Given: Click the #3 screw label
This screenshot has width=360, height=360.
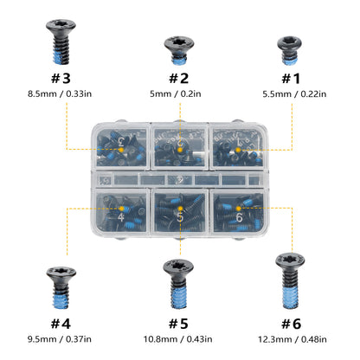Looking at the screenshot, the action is tap(61, 78).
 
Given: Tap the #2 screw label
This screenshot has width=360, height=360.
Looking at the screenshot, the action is tap(178, 78).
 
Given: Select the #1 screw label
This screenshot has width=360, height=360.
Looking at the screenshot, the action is tap(291, 78).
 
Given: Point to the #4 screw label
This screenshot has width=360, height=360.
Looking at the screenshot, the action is tap(61, 324).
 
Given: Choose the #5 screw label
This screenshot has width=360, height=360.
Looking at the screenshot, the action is tap(178, 324).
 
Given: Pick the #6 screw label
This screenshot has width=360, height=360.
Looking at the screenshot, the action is tap(292, 324).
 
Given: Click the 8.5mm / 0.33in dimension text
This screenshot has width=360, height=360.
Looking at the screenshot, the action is tap(60, 93).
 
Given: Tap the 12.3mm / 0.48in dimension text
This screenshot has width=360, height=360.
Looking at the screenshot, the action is tap(292, 339).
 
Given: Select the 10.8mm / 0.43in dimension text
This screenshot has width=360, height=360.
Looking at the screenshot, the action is tap(178, 339).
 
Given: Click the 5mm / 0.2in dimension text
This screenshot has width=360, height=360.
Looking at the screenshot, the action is tap(176, 93).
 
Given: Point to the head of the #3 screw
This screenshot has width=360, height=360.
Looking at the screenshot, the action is tap(61, 26).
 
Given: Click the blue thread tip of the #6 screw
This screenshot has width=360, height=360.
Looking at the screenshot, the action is tap(290, 297).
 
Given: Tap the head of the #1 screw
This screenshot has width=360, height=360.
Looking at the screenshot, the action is tap(290, 43).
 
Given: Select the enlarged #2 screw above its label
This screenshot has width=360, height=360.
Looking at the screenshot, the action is tap(179, 50).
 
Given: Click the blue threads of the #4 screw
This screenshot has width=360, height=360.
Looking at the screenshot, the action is tap(61, 299).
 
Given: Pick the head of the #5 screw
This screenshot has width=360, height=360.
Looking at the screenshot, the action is tap(178, 267).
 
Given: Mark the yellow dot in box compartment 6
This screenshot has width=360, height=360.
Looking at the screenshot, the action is tap(239, 209).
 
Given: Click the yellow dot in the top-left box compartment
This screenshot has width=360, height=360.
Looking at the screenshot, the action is tap(121, 150).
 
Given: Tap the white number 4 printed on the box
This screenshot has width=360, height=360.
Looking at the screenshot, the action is tap(121, 217).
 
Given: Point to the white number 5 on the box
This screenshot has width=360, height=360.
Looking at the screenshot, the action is tap(180, 217).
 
